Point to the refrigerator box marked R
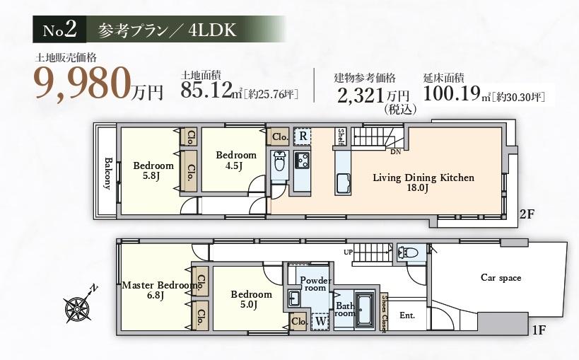[303, 136]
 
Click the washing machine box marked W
[321, 321]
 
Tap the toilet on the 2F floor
[279, 161]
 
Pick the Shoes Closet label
[385, 313]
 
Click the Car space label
[501, 277]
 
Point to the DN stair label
[395, 151]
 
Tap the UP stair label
[349, 252]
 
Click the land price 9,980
[83, 83]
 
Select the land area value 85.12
[206, 90]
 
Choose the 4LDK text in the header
[212, 30]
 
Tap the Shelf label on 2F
[341, 137]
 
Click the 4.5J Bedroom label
[236, 161]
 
